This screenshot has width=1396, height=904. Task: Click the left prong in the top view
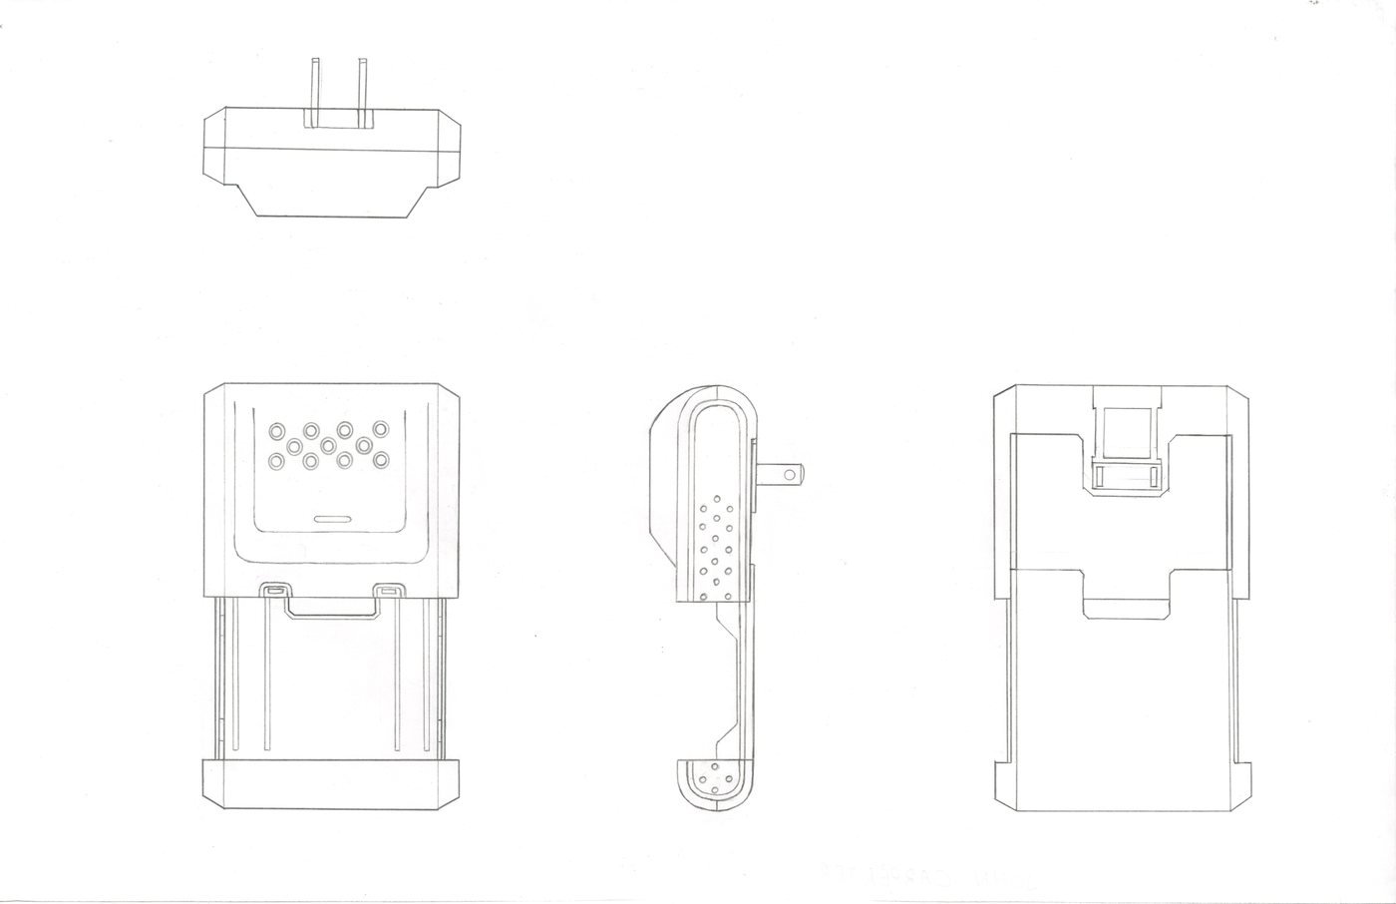click(x=314, y=92)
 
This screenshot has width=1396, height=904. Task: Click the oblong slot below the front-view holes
click(x=332, y=519)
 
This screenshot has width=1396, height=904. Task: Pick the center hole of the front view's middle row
click(x=328, y=443)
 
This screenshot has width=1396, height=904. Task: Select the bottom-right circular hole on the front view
click(x=380, y=461)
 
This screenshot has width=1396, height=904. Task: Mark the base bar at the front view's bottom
click(x=331, y=783)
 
